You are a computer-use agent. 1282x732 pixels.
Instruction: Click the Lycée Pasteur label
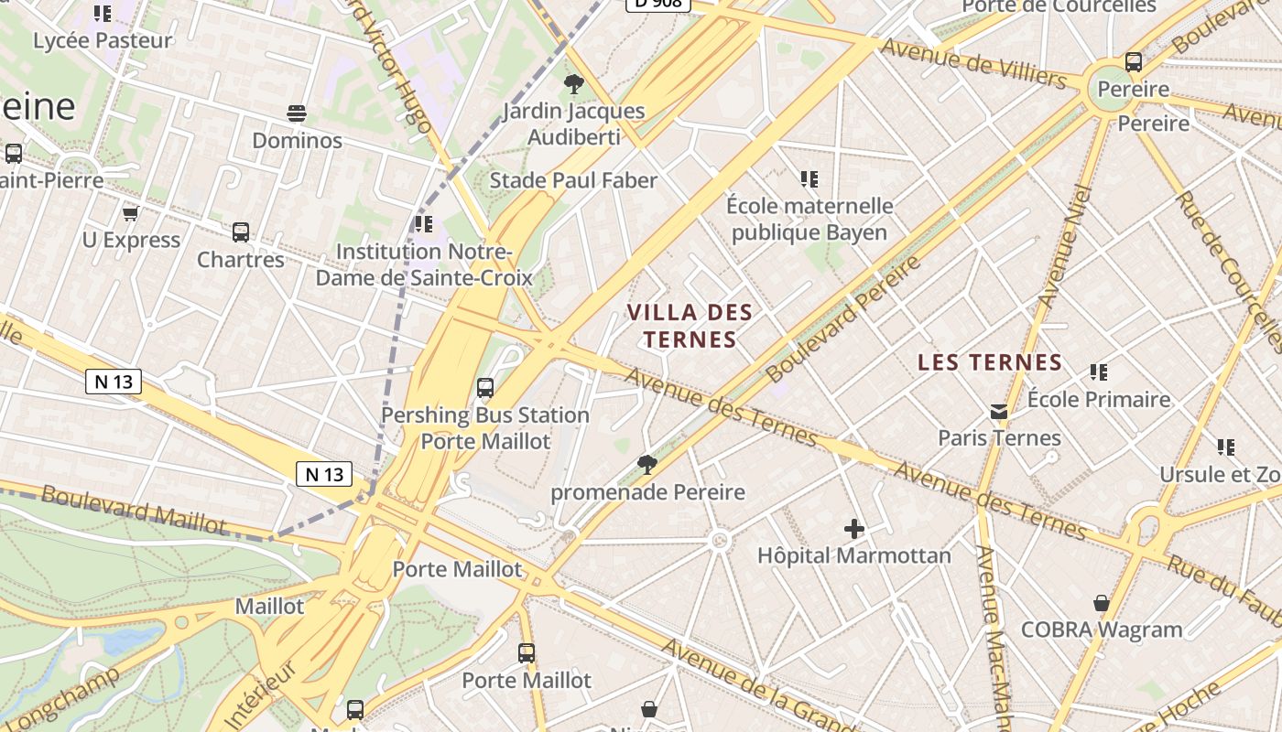tap(103, 41)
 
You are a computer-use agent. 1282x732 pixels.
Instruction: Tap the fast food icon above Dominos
tap(296, 113)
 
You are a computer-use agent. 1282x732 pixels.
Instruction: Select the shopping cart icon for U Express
tap(130, 214)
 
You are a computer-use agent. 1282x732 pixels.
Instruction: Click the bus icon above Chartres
tap(241, 232)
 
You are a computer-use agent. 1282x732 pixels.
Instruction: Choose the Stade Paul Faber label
tap(573, 180)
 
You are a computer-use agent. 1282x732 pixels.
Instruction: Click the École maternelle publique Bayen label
tap(809, 219)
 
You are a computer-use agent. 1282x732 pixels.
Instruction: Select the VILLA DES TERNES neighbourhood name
tap(690, 326)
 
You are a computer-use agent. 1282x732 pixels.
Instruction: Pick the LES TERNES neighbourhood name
tap(990, 362)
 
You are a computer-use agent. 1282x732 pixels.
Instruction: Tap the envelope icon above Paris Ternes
tap(999, 412)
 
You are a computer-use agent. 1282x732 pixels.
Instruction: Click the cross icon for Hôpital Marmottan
tap(854, 529)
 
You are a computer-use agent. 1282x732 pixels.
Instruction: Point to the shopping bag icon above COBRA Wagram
tap(1102, 604)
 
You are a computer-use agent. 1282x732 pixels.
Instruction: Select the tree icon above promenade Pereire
tap(647, 465)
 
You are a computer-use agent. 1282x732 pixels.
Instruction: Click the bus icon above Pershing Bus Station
tap(485, 388)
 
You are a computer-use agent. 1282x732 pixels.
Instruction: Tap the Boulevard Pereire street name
tap(842, 319)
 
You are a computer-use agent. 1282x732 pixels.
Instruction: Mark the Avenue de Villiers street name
tap(973, 63)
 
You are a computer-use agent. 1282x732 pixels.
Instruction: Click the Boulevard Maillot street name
tap(133, 509)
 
